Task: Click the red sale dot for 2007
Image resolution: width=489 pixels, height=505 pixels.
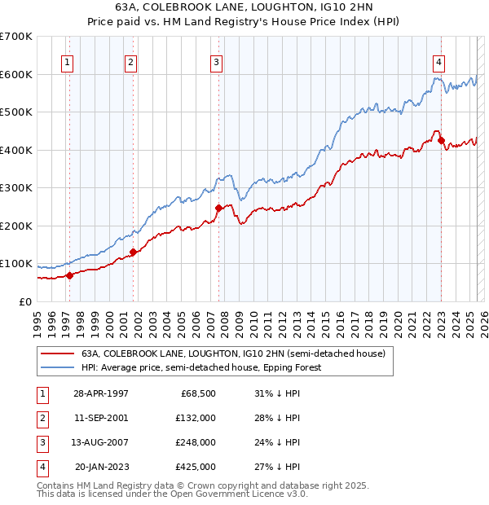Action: pos(218,209)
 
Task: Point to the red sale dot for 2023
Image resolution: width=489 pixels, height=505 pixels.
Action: pos(441,141)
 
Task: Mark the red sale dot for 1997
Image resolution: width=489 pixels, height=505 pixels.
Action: pos(69,275)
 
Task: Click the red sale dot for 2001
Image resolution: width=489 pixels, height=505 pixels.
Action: pos(133,252)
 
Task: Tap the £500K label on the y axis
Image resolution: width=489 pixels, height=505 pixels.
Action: pos(16,112)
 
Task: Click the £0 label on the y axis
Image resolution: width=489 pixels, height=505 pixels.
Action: pos(24,301)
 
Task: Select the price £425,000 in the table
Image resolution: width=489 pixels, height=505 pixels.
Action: pos(196,467)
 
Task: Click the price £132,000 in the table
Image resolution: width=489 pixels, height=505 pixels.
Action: pos(196,418)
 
